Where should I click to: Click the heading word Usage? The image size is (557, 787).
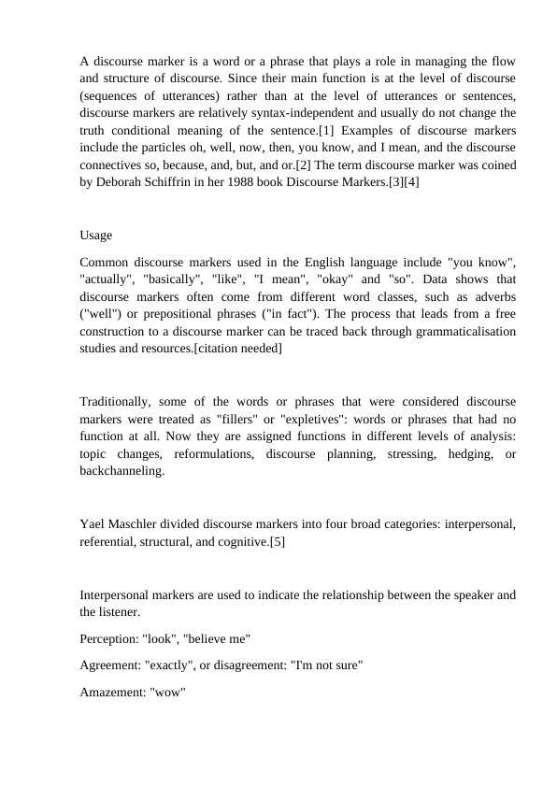96,235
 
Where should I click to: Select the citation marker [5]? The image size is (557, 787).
277,541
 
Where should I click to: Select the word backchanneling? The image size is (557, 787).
122,471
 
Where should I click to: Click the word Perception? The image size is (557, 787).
109,638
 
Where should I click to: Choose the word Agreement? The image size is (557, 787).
110,665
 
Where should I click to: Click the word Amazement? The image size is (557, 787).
112,693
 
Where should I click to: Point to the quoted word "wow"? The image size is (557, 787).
168,693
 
